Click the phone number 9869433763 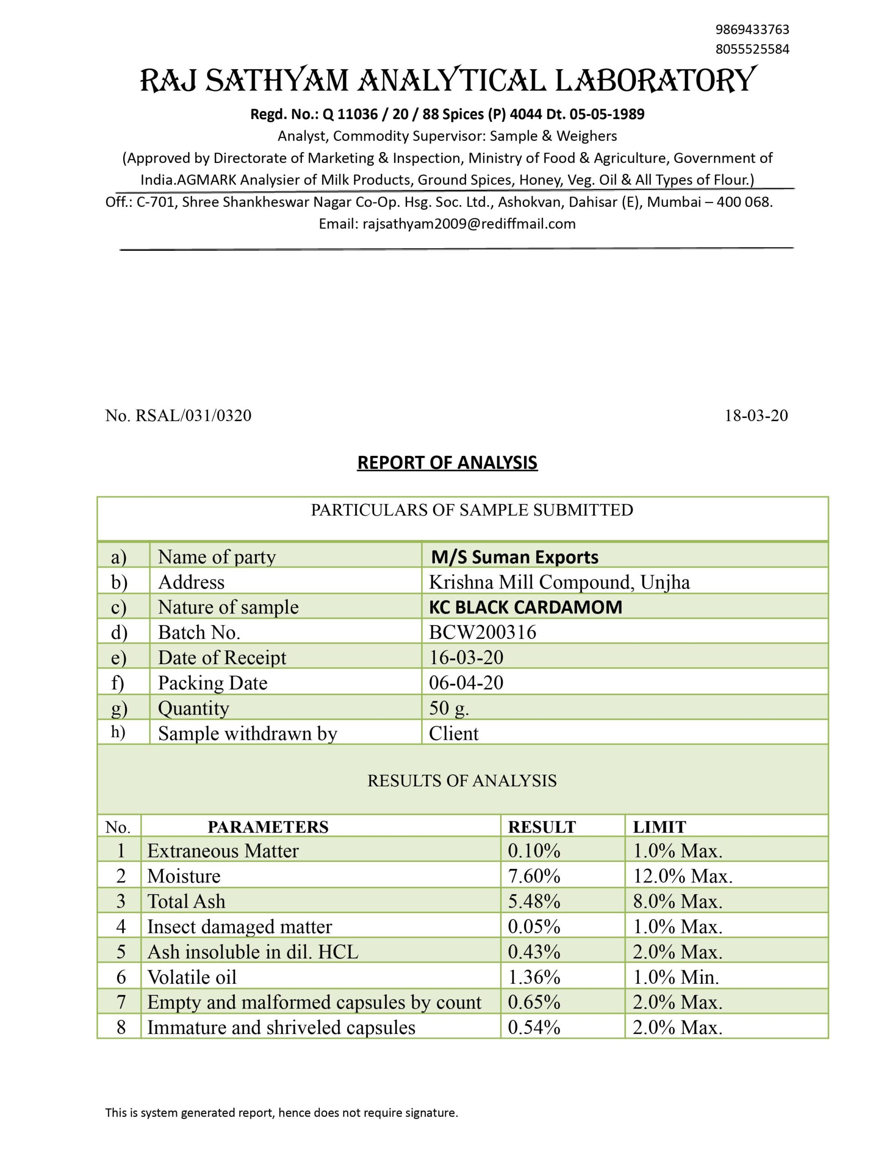752,29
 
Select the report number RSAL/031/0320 193,416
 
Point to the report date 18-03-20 756,416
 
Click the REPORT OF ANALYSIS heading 447,463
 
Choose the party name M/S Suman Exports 514,557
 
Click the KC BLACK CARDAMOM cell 525,607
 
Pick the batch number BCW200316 482,632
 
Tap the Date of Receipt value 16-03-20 466,657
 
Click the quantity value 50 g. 449,708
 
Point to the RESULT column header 542,827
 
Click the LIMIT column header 659,827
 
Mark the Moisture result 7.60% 534,876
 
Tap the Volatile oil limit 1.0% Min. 676,977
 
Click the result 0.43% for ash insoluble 534,952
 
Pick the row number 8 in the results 121,1027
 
